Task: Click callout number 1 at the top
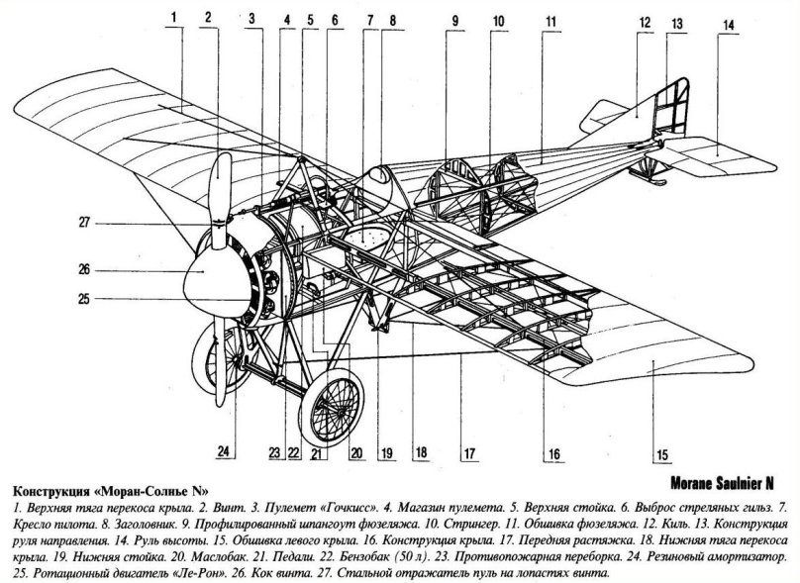pos(173,17)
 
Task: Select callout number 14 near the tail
pos(728,26)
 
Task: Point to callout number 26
pos(85,267)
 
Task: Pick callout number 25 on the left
pos(85,298)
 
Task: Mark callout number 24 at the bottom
pos(226,452)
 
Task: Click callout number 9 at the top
pos(454,20)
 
